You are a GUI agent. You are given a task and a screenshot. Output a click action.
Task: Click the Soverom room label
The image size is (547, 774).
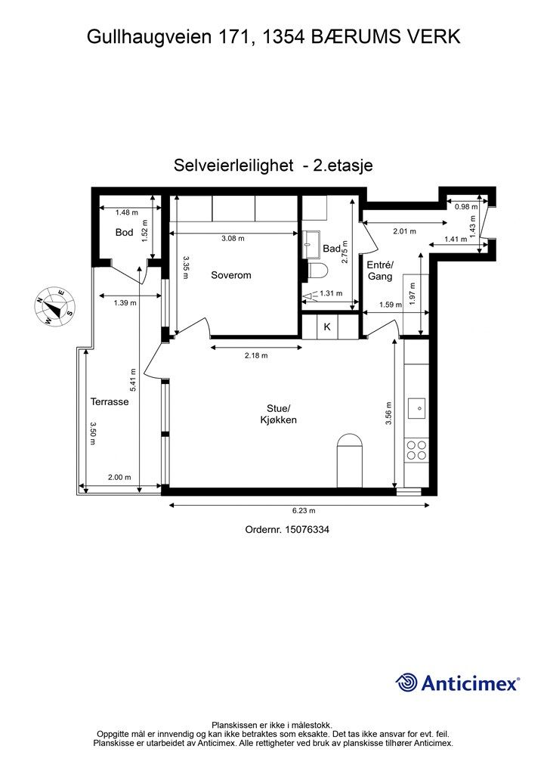230,275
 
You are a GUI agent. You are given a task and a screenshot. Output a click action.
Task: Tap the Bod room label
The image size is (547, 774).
124,233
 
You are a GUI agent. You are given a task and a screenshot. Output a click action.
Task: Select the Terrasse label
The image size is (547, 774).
110,402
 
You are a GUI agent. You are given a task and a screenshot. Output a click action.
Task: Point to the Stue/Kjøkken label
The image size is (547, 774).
275,414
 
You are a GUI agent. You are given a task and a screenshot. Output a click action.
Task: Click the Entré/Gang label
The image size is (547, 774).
379,271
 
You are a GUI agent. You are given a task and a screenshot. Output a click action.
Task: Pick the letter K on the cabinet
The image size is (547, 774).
327,327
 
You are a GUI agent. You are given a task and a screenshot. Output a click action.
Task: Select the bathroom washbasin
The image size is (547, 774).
311,243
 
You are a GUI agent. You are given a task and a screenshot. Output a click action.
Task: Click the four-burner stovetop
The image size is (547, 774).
416,450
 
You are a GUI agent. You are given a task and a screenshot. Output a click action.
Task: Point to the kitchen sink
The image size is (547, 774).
416,409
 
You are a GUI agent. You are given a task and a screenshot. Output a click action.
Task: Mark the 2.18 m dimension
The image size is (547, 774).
255,354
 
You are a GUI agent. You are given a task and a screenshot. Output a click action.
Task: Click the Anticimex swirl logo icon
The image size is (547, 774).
406,682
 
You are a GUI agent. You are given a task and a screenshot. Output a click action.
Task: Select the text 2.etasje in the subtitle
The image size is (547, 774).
344,165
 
